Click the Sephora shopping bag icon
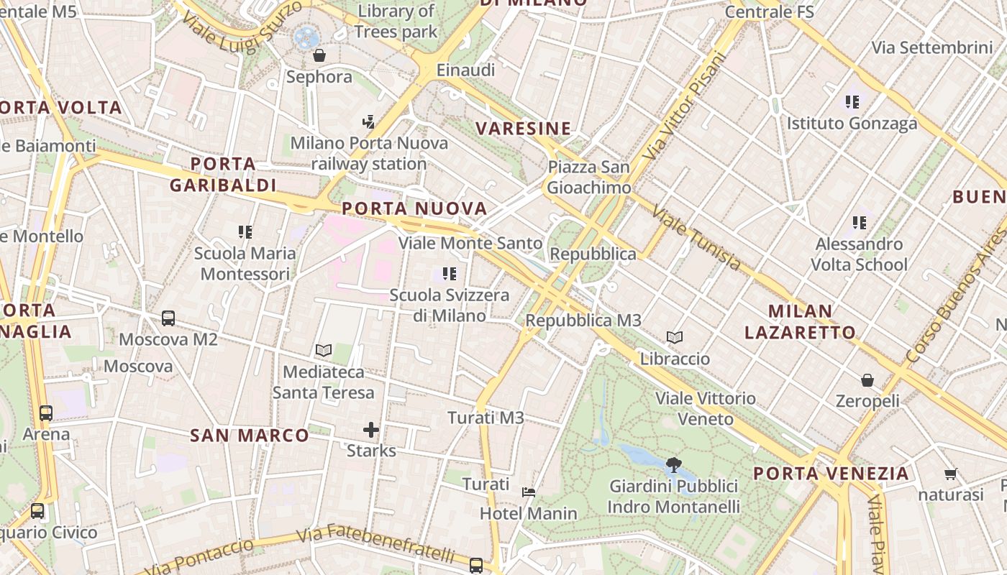point(319,55)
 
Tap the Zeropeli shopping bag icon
point(867,379)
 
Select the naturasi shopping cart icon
point(951,474)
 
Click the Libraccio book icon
point(675,337)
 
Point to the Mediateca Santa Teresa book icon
point(324,351)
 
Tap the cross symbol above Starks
point(371,430)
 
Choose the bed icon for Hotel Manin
point(529,492)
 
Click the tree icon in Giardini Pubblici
point(674,465)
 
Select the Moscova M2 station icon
point(168,318)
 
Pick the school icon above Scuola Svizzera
point(450,273)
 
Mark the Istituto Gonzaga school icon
point(852,102)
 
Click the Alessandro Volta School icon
point(860,223)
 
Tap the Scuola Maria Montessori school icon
point(245,232)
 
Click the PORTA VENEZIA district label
point(831,474)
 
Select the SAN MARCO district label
point(250,436)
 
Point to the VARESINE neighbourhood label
point(524,129)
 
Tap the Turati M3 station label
point(486,418)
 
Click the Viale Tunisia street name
point(696,238)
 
